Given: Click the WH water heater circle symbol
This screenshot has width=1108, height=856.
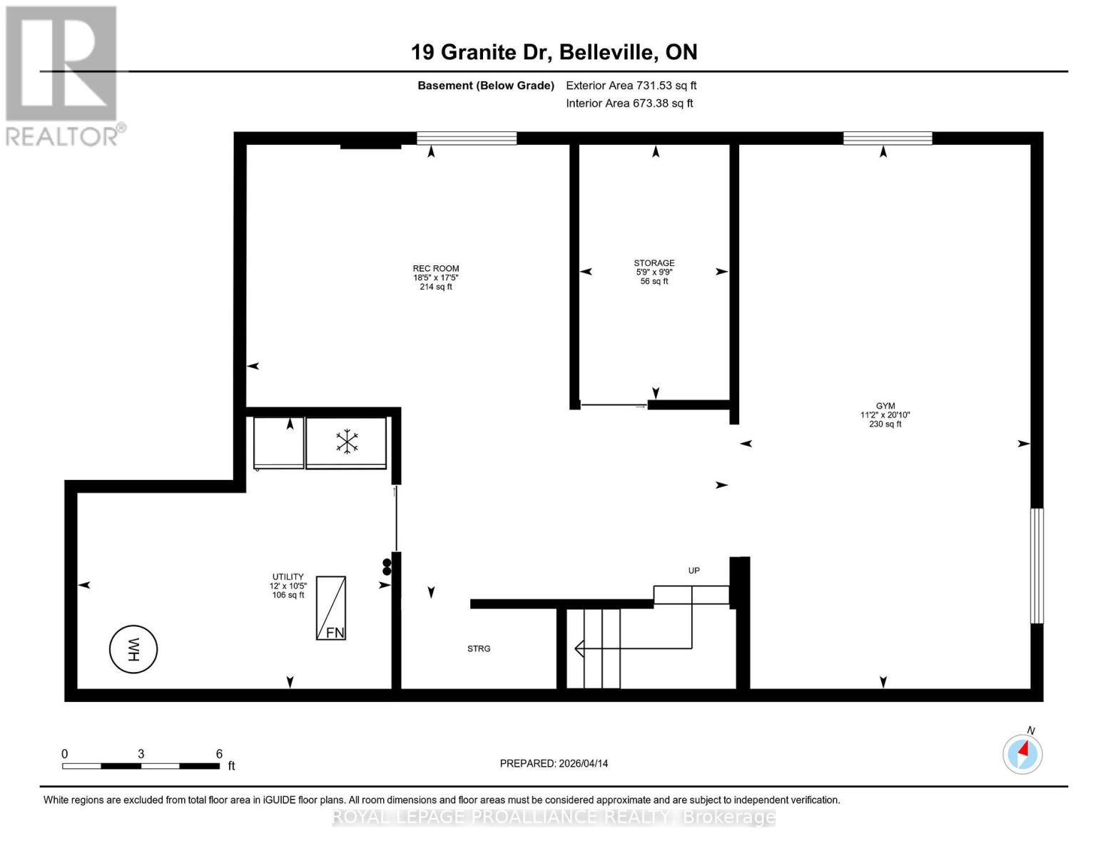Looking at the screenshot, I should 133,649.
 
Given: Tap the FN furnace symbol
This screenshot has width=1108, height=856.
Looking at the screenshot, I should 331,608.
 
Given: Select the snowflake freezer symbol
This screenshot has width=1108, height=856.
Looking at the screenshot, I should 347,442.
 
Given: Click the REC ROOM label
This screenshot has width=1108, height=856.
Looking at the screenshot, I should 436,269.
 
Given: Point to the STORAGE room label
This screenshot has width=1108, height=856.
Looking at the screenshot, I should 654,263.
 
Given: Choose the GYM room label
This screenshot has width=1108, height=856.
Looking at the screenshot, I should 885,406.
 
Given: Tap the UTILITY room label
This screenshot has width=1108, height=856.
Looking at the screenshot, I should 288,577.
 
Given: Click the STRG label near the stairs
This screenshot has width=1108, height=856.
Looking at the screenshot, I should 479,649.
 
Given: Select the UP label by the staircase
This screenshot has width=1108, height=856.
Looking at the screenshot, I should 693,571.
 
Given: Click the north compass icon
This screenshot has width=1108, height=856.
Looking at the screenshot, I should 1022,753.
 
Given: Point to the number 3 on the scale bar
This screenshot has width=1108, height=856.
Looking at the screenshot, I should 141,754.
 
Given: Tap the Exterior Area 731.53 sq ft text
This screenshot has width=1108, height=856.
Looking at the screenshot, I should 631,86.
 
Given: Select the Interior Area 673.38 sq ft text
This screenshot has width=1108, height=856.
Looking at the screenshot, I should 629,103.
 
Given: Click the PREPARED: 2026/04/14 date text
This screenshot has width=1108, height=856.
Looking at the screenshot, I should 554,763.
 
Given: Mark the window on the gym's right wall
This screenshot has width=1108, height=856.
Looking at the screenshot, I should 1036,566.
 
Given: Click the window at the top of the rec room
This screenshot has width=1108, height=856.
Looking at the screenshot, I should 467,138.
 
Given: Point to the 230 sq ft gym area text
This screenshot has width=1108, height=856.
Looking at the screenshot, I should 885,424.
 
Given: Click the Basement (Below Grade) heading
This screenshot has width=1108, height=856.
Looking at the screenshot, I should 486,86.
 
